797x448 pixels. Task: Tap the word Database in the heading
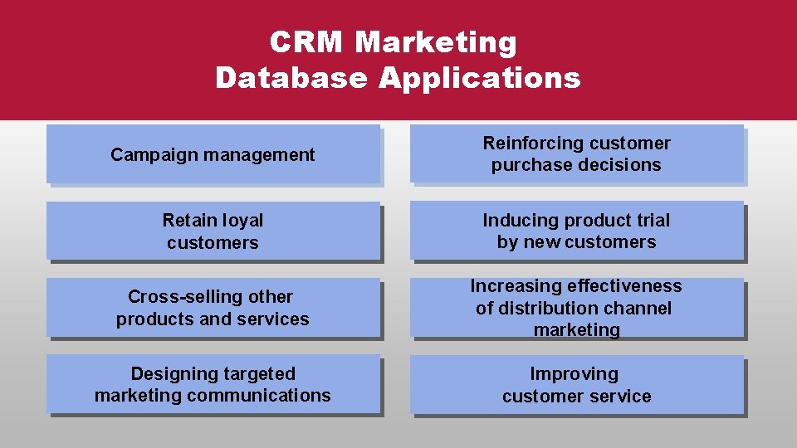(291, 78)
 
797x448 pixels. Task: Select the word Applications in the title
(480, 78)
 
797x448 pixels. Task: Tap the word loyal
(241, 221)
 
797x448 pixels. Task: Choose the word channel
(638, 309)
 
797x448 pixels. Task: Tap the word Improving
(575, 374)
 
